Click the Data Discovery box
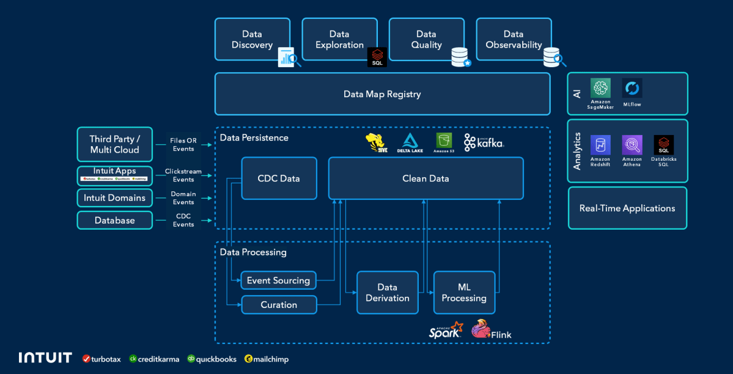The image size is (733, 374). coord(252,40)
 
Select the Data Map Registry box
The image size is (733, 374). coord(382,94)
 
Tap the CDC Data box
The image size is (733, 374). coord(279,178)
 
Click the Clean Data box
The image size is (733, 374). coord(425,178)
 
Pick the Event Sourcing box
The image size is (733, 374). coord(278,280)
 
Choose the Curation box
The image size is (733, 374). coord(279,304)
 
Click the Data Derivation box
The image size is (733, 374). coord(387,293)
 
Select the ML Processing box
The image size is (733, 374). coord(464,293)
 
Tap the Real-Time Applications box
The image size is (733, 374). coord(627,208)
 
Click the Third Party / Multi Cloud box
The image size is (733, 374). coord(114,145)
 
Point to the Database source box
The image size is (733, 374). coord(114,220)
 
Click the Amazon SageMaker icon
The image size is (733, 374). coord(601,89)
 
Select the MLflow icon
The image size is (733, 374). coord(632,89)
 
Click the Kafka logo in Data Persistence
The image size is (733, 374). coord(484,142)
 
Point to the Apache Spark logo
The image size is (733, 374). coord(446,331)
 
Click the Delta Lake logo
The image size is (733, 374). coord(410,142)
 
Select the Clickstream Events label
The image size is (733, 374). coord(183,175)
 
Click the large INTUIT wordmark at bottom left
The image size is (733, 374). coord(45,358)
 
